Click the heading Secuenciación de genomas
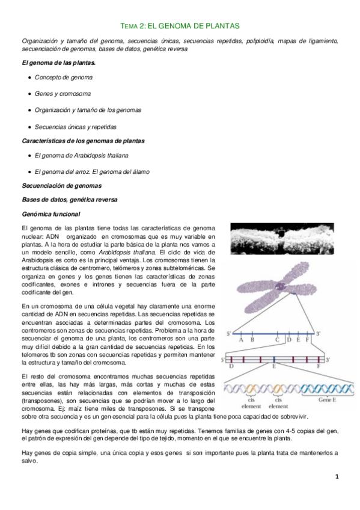pyautogui.click(x=61, y=186)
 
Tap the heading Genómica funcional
pyautogui.click(x=50, y=214)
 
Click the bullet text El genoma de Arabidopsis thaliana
pyautogui.click(x=82, y=155)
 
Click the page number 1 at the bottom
pyautogui.click(x=337, y=477)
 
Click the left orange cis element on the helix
pyautogui.click(x=247, y=387)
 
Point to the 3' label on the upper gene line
pyautogui.click(x=320, y=333)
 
